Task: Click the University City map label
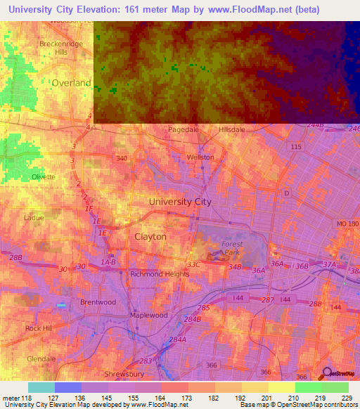coord(180,202)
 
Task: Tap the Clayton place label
coord(150,237)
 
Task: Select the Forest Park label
coord(231,248)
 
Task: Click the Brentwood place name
coord(98,302)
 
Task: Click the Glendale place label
coord(41,358)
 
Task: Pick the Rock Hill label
coord(39,328)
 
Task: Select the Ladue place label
coord(34,218)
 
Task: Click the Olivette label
coord(43,177)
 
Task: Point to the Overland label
coord(71,83)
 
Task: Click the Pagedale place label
coord(185,130)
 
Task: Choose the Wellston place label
coord(200,157)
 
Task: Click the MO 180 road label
coord(347,223)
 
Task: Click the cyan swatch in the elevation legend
coord(41,387)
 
